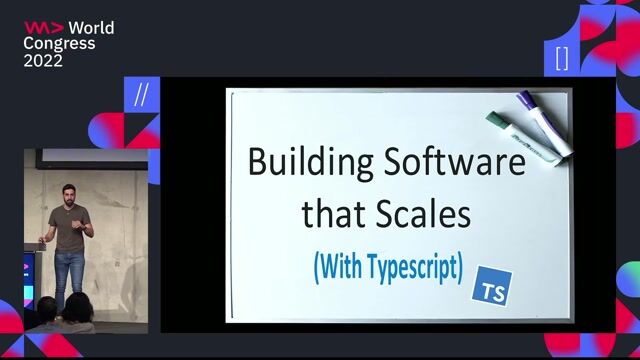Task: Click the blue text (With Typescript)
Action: pyautogui.click(x=388, y=266)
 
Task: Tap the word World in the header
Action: pyautogui.click(x=90, y=28)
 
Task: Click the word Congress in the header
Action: pyautogui.click(x=59, y=44)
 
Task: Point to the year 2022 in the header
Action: pyautogui.click(x=44, y=61)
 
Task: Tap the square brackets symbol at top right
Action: pyautogui.click(x=561, y=57)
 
